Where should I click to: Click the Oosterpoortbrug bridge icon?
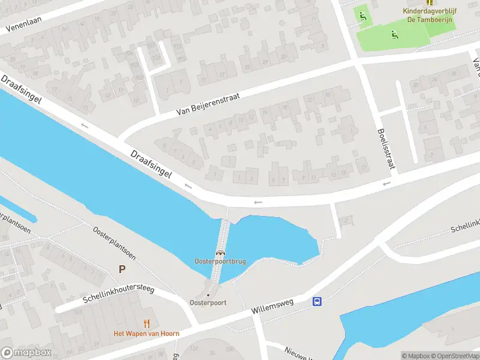(221, 253)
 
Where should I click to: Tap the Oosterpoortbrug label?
(220, 262)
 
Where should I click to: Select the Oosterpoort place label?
(208, 302)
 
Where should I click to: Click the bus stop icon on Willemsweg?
(317, 302)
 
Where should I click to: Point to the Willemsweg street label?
(273, 307)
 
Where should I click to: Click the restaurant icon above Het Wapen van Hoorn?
(147, 324)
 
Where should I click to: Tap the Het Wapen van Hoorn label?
(147, 334)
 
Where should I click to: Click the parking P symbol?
(122, 269)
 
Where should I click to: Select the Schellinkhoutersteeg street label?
(119, 297)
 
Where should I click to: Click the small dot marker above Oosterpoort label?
(208, 295)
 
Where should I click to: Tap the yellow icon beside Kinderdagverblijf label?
(429, 2)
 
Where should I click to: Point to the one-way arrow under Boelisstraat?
(387, 182)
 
